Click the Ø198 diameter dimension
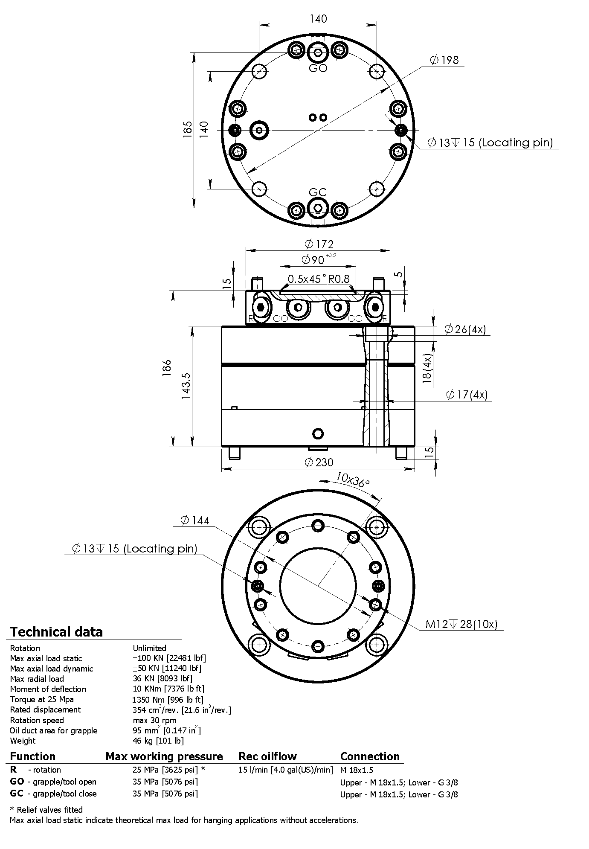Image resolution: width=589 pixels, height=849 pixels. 445,60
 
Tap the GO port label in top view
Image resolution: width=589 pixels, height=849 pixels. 318,68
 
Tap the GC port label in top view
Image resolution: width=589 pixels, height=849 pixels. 318,192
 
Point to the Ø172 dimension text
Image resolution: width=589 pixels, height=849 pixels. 319,244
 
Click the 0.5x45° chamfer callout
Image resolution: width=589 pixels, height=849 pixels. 306,279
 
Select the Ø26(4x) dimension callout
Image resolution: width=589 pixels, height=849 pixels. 465,329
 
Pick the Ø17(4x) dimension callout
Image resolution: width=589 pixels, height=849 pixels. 467,395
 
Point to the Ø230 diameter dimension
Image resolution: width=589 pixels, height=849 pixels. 319,462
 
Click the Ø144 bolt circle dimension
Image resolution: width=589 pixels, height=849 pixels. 195,520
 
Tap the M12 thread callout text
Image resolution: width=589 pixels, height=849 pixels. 461,624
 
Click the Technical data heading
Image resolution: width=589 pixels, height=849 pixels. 56,632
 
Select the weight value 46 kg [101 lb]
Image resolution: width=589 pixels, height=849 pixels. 158,741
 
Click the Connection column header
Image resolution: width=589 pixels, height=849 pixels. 370,756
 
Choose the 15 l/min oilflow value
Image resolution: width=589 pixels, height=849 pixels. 285,770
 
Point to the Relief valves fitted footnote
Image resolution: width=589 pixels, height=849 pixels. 46,810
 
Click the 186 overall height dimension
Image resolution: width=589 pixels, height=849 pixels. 166,368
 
